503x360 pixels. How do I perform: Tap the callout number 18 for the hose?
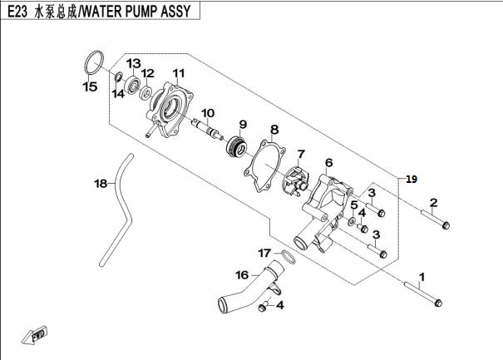pos(101,184)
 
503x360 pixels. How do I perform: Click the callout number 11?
pos(176,73)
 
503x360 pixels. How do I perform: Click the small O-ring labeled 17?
pos(284,254)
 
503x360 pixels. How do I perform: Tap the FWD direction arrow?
pos(37,335)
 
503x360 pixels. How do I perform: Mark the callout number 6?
pos(328,163)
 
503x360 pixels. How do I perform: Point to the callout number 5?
pos(353,205)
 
